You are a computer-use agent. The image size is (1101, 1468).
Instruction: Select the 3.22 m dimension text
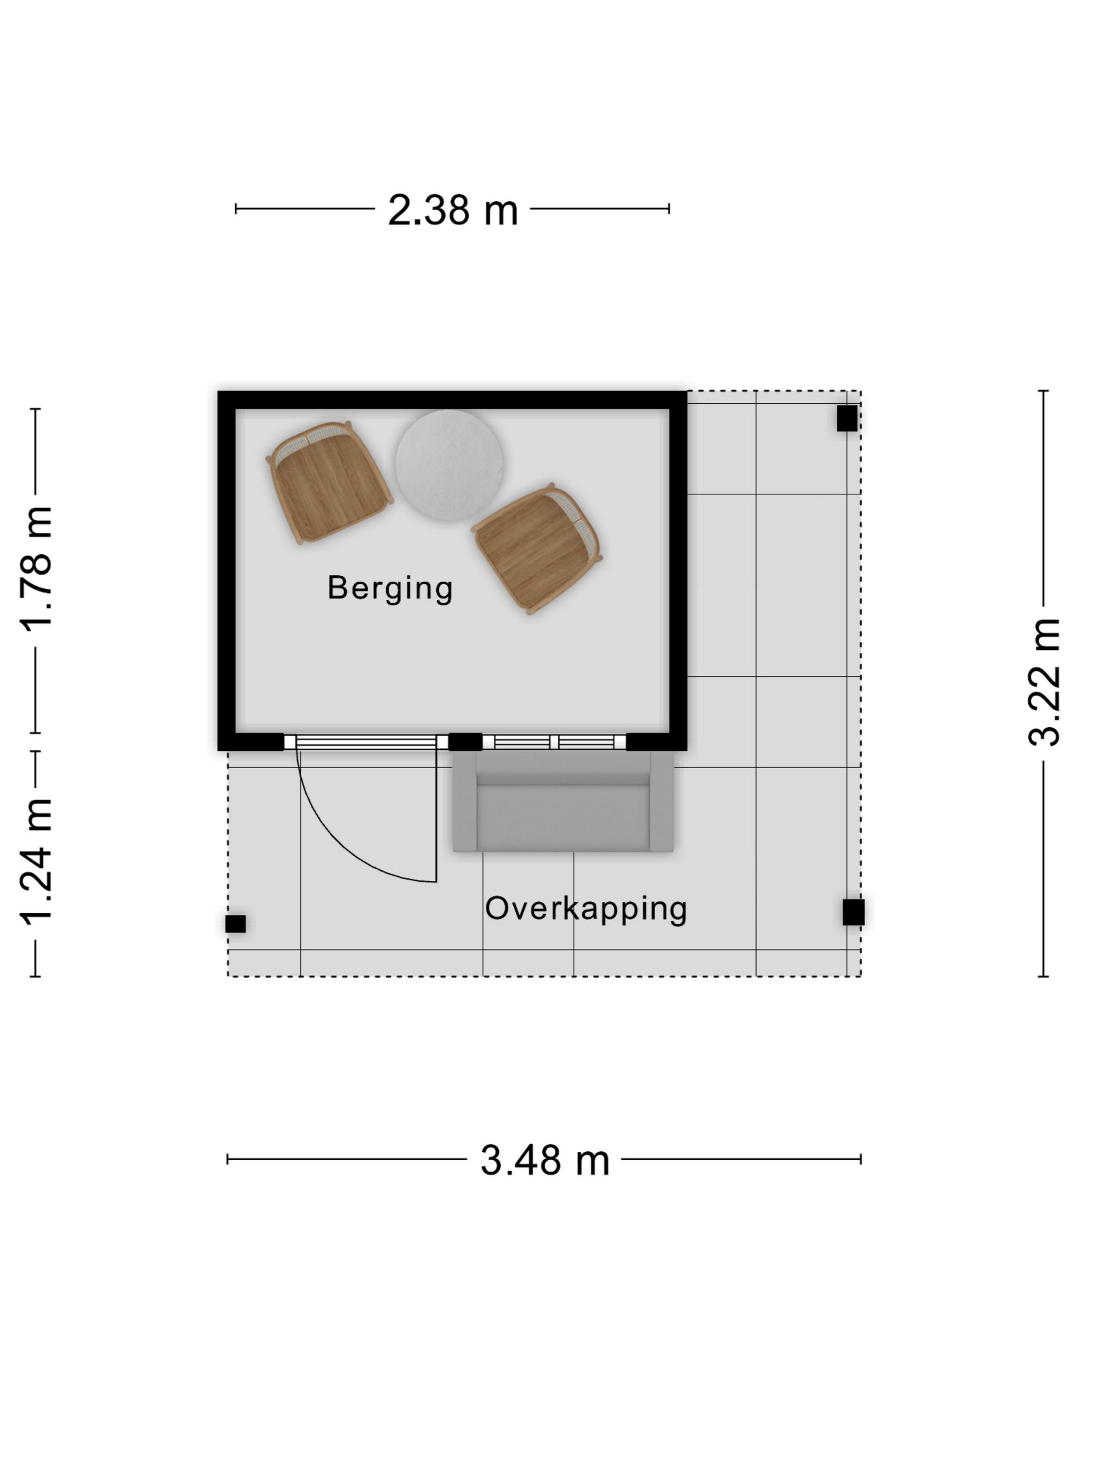1043,682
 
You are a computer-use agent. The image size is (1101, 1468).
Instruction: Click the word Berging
390,589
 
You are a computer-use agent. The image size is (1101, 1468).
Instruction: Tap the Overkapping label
586,909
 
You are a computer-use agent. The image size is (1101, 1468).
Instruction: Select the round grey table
449,464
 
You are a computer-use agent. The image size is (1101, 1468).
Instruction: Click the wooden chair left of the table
329,482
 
